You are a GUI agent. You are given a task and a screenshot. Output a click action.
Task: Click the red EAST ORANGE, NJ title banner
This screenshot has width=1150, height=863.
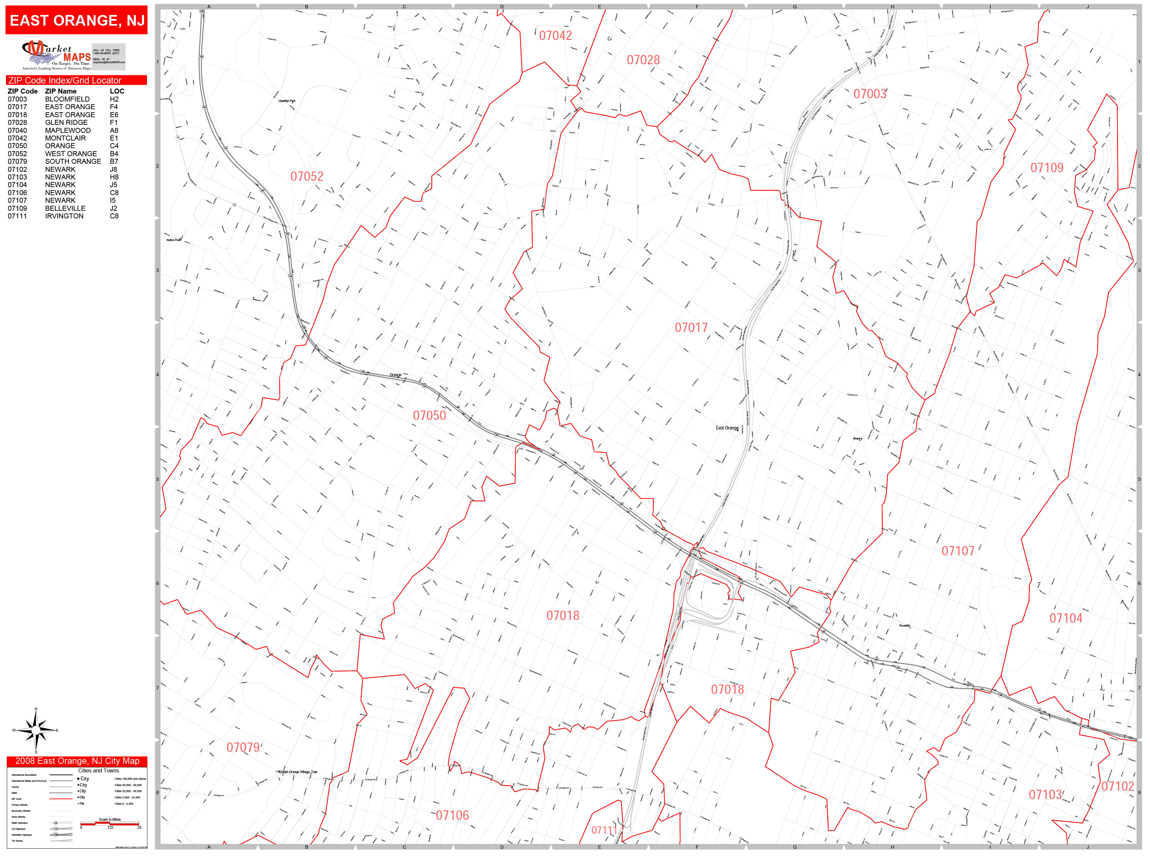pyautogui.click(x=77, y=20)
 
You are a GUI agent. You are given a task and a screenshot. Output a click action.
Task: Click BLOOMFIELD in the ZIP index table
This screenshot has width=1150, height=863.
pyautogui.click(x=67, y=99)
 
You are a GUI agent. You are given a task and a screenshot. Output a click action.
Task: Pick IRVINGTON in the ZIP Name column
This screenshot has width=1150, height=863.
pyautogui.click(x=64, y=216)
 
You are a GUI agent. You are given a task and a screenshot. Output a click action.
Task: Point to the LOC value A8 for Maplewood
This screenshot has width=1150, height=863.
pyautogui.click(x=114, y=130)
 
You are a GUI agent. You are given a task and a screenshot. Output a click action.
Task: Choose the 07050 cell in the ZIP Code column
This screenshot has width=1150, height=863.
pyautogui.click(x=17, y=145)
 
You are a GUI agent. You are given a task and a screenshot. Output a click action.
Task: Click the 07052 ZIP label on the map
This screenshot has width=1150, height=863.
pyautogui.click(x=307, y=176)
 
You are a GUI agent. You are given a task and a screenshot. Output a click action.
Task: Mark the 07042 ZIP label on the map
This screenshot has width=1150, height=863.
pyautogui.click(x=555, y=35)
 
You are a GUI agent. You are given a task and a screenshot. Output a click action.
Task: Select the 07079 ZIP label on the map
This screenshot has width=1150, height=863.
pyautogui.click(x=243, y=747)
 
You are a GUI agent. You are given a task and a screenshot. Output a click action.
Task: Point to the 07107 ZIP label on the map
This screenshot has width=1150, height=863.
pyautogui.click(x=958, y=551)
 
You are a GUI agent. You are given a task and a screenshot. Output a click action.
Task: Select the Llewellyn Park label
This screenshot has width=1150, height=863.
pyautogui.click(x=287, y=101)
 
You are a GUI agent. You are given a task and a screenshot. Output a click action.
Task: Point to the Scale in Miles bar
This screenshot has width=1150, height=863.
pyautogui.click(x=110, y=823)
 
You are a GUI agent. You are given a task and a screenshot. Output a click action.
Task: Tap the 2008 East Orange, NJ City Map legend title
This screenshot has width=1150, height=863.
pyautogui.click(x=77, y=761)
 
